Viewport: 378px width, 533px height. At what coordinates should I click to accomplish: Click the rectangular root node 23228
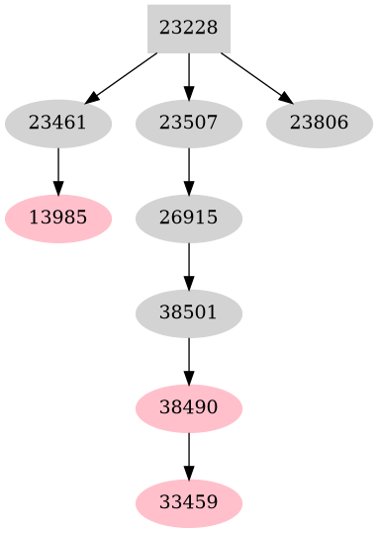coord(188,29)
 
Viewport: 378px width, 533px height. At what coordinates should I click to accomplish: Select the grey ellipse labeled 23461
coord(58,124)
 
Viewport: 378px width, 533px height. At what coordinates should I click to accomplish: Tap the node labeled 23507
coord(189,124)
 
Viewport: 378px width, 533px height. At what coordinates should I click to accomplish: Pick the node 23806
coord(320,124)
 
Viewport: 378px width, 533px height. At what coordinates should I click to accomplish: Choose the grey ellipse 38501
coord(189,312)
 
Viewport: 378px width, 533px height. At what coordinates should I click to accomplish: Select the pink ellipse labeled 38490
coord(189,407)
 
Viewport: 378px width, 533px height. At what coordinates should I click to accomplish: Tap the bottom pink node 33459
coord(189,502)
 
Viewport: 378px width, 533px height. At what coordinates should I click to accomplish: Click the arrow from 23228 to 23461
coord(123,77)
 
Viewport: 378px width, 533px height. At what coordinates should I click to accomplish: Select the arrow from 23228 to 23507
coord(189,76)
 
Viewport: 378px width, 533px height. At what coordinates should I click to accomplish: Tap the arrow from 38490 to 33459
coord(189,455)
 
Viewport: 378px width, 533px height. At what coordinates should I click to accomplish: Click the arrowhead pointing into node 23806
coord(285,98)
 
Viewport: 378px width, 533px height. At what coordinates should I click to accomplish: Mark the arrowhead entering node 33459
coord(189,474)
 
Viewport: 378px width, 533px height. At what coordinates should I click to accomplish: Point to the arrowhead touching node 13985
coord(58,189)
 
